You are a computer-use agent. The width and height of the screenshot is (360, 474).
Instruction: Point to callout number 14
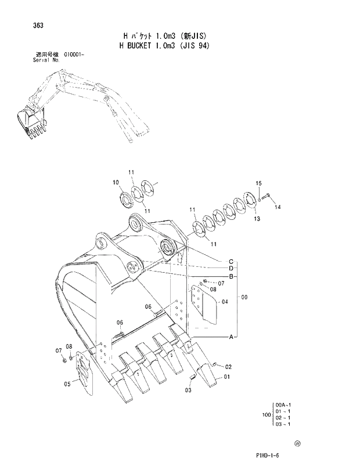(x=278, y=207)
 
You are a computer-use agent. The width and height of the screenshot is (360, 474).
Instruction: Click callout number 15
(x=259, y=184)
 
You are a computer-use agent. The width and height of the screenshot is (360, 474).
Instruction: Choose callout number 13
(x=257, y=219)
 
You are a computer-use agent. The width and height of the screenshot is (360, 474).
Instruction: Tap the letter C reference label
(x=231, y=261)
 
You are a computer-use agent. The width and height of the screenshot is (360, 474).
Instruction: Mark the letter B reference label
(x=231, y=276)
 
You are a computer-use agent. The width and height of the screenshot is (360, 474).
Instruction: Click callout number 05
(x=67, y=383)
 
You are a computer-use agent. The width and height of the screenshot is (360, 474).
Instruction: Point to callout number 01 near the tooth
(x=226, y=377)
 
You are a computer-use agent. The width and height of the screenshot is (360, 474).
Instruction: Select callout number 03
(x=188, y=390)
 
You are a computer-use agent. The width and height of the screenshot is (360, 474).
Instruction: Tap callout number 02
(x=229, y=367)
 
